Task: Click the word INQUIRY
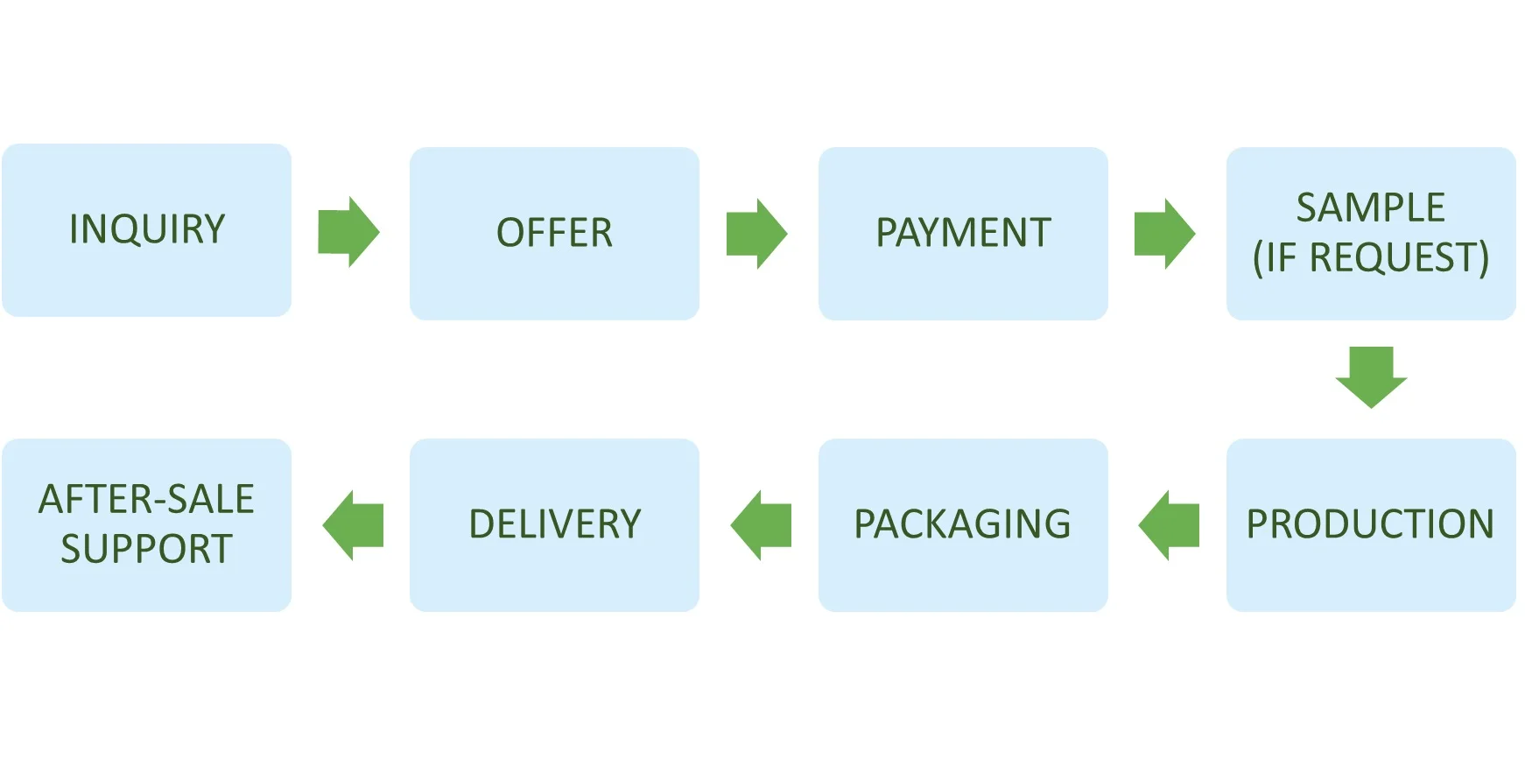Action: [x=147, y=229]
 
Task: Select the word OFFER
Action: [x=554, y=233]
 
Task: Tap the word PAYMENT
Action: [x=963, y=233]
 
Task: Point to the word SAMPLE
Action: [x=1370, y=208]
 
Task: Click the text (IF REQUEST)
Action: [x=1370, y=257]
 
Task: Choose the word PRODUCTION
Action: [x=1370, y=524]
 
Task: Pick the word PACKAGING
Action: [x=962, y=524]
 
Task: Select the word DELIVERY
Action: [x=554, y=524]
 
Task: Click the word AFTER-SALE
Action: [x=146, y=499]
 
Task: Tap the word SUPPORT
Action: [x=146, y=549]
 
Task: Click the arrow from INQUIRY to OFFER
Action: [x=348, y=232]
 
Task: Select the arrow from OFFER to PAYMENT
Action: [x=756, y=233]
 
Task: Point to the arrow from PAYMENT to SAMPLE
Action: [x=1164, y=234]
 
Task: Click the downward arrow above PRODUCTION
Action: [x=1371, y=376]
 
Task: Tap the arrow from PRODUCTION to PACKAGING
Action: [x=1169, y=525]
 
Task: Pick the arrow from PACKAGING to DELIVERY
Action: [x=761, y=525]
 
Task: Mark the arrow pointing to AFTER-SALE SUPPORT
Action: [x=353, y=525]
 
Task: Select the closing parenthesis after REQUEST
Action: [x=1483, y=258]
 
